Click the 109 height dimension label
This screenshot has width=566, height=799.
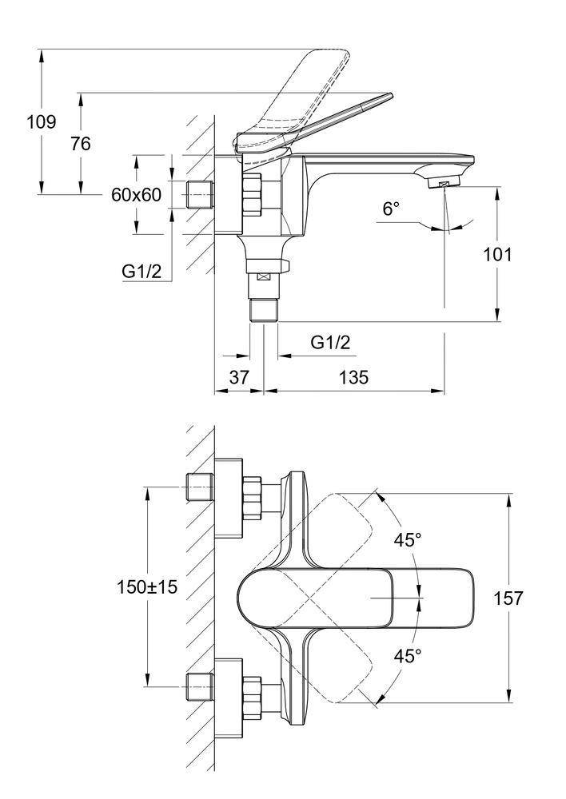[41, 122]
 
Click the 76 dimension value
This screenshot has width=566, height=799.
[80, 144]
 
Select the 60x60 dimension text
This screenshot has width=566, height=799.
[136, 195]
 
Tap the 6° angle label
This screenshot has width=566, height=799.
[390, 209]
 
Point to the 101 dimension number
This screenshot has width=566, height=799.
[498, 255]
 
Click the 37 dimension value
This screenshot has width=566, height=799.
[239, 377]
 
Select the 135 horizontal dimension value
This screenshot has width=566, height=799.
[353, 377]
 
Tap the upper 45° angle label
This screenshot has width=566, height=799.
[406, 540]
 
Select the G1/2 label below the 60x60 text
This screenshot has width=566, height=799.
[142, 272]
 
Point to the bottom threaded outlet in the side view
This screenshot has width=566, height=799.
[264, 310]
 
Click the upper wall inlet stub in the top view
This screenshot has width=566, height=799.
[200, 487]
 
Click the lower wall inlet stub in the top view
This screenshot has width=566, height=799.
[200, 686]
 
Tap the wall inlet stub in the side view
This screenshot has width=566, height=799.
[200, 194]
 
